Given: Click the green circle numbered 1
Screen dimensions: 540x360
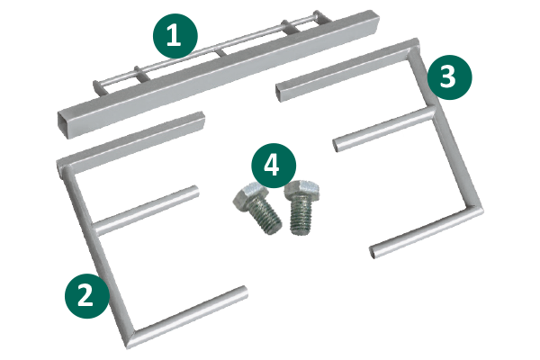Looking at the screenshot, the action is pyautogui.click(x=175, y=36).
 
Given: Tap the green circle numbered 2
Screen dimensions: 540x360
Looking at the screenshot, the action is pyautogui.click(x=87, y=296).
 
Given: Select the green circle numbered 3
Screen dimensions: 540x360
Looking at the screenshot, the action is pyautogui.click(x=450, y=77).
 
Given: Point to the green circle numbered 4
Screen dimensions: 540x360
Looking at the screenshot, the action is pyautogui.click(x=274, y=166).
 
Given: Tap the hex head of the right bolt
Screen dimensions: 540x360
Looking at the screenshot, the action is pyautogui.click(x=301, y=190).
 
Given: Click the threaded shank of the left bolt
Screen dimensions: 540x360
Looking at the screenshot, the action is pyautogui.click(x=266, y=218).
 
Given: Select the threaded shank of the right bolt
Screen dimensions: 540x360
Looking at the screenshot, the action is pyautogui.click(x=301, y=217).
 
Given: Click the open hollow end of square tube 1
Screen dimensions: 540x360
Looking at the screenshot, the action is pyautogui.click(x=65, y=125).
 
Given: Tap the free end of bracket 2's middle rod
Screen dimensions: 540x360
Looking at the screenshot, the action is pyautogui.click(x=195, y=191).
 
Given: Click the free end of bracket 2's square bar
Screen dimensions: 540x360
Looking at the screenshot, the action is pyautogui.click(x=202, y=119).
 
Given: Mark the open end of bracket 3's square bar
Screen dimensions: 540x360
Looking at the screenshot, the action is pyautogui.click(x=279, y=92).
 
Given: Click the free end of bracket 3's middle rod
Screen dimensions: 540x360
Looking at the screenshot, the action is pyautogui.click(x=336, y=145).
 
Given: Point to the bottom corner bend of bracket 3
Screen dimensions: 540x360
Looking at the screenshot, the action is pyautogui.click(x=475, y=209).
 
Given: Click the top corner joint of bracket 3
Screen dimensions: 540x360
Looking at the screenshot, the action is pyautogui.click(x=414, y=48).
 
